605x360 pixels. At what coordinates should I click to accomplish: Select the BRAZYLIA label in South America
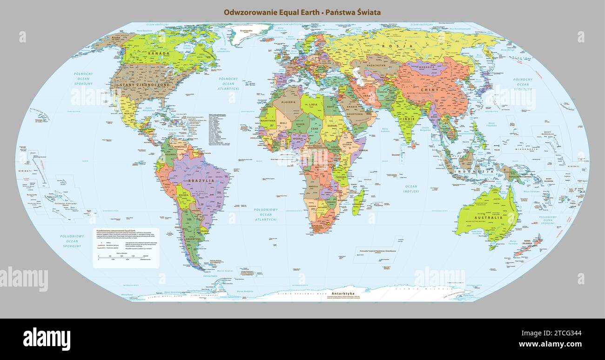(201, 180)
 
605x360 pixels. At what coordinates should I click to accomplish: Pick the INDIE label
(408, 119)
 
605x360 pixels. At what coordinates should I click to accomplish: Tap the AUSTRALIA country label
(488, 218)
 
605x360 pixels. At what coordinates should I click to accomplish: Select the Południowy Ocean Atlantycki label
(266, 214)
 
